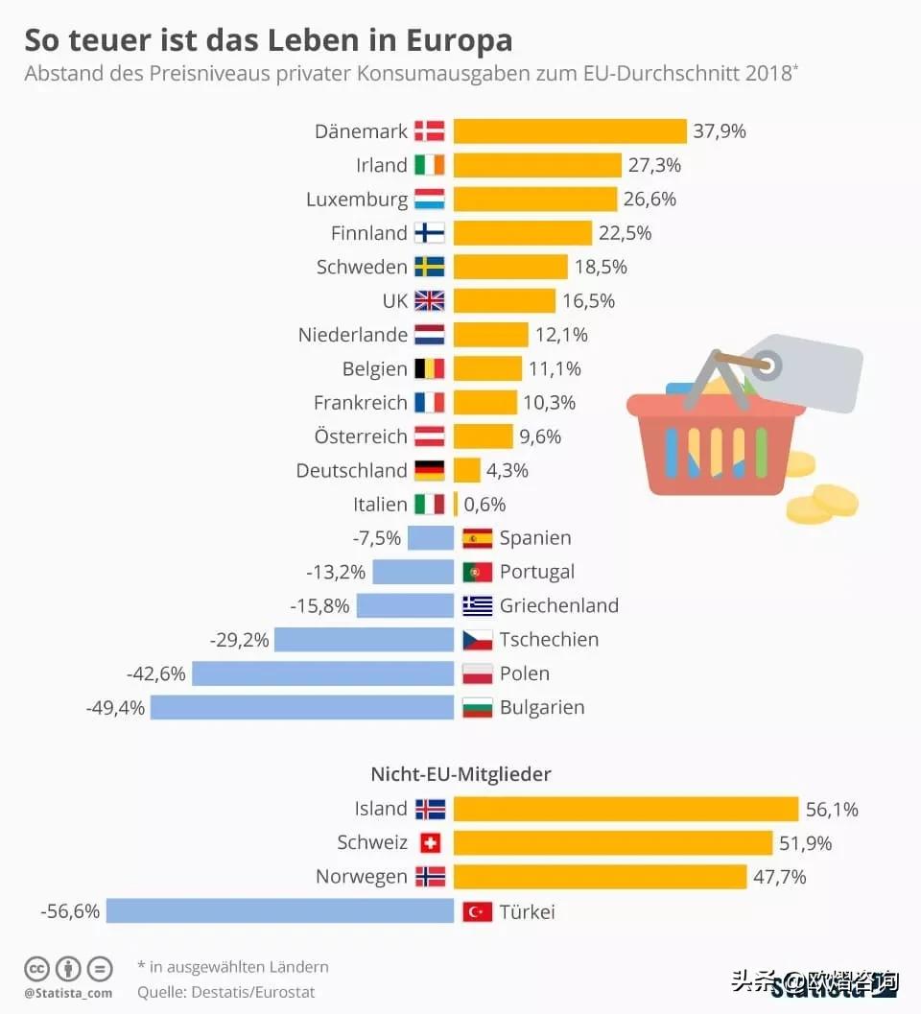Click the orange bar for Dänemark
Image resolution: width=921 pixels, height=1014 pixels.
pyautogui.click(x=570, y=131)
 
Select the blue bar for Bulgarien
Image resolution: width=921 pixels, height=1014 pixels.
pyautogui.click(x=301, y=708)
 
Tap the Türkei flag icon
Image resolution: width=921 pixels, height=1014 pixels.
pyautogui.click(x=477, y=911)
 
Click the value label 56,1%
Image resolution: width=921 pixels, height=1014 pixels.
pyautogui.click(x=832, y=810)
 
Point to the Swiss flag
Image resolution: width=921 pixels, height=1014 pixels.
pyautogui.click(x=430, y=843)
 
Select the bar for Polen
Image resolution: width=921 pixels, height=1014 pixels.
pyautogui.click(x=322, y=673)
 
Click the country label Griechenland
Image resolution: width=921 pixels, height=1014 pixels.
pyautogui.click(x=558, y=605)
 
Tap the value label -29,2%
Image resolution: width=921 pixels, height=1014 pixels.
pyautogui.click(x=239, y=640)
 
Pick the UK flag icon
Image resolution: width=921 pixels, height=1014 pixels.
pyautogui.click(x=430, y=301)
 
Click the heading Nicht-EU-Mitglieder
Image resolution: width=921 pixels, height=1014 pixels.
pyautogui.click(x=460, y=773)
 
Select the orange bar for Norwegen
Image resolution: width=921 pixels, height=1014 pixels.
pyautogui.click(x=600, y=877)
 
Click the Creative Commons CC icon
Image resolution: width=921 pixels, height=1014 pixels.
pyautogui.click(x=37, y=968)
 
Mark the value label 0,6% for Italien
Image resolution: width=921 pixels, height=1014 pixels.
pyautogui.click(x=484, y=505)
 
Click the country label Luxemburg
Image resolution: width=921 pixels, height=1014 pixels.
pyautogui.click(x=357, y=200)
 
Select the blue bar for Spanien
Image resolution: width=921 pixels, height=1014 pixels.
pyautogui.click(x=430, y=538)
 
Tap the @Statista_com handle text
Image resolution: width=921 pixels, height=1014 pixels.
pyautogui.click(x=68, y=993)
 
